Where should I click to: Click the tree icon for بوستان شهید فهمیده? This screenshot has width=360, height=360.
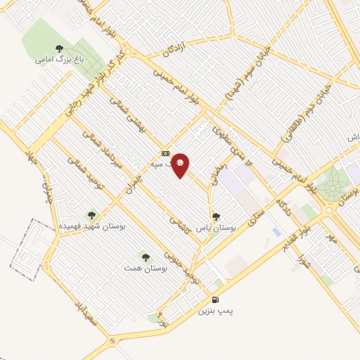(90, 214)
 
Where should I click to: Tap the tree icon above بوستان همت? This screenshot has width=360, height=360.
(146, 257)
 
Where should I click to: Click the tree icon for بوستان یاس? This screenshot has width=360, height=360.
(216, 217)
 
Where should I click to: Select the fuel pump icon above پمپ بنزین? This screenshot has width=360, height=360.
(215, 299)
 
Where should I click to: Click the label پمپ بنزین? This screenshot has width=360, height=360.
(214, 310)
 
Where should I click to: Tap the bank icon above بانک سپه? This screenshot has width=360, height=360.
(165, 153)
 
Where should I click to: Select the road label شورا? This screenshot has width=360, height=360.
(304, 264)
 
